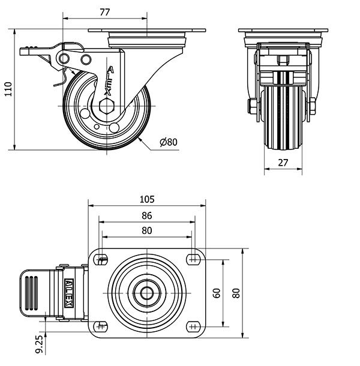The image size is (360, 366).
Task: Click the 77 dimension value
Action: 105,11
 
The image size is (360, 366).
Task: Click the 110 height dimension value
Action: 8,89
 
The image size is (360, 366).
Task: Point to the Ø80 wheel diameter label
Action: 169,142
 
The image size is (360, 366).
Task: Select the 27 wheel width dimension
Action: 283,162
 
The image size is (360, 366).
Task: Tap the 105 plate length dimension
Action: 147,199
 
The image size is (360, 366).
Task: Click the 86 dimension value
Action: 147,215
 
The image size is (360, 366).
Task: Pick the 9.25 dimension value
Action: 38,347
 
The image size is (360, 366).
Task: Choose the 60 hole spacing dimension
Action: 217,292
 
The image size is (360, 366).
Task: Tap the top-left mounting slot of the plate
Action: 102,259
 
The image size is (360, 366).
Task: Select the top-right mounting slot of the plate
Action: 193,259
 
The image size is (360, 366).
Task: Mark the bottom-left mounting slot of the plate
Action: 102,326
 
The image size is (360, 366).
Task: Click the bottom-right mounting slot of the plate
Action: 193,326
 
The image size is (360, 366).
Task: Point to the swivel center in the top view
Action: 147,293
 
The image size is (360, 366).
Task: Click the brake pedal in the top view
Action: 36,293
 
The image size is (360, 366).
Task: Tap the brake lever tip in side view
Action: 28,52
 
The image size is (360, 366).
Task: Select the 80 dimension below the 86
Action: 147,230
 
